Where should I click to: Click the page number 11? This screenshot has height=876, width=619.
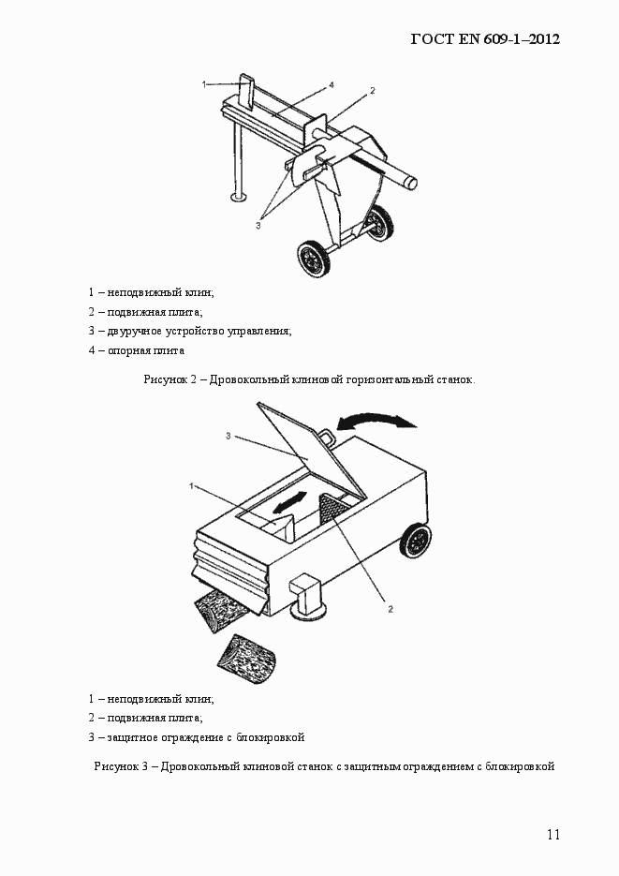[x=553, y=835]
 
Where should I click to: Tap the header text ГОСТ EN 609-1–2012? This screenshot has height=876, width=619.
[x=485, y=40]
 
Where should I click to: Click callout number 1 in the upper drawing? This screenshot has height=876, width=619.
[x=204, y=84]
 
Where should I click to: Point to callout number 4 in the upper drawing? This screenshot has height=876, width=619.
[x=332, y=85]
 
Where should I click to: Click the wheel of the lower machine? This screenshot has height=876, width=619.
[x=417, y=542]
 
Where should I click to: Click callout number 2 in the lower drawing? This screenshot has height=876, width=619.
[x=391, y=608]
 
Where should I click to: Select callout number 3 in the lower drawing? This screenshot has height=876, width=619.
[x=228, y=436]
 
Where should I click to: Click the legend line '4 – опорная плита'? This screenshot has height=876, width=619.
[x=137, y=350]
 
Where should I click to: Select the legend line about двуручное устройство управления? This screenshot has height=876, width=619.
[x=190, y=331]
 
